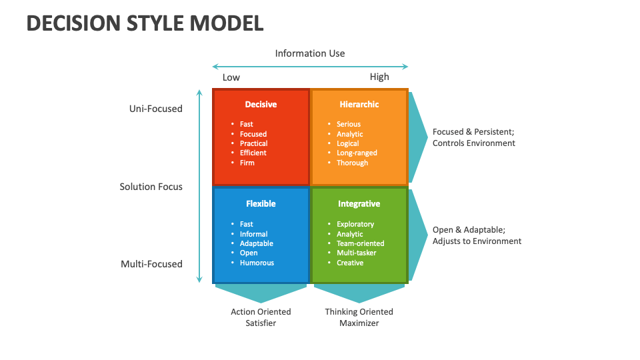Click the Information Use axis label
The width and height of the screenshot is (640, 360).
click(310, 53)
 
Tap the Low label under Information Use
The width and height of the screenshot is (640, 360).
click(231, 77)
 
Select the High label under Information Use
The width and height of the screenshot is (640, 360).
click(379, 77)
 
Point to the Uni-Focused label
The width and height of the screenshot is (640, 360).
click(155, 109)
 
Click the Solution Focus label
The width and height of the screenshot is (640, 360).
click(151, 187)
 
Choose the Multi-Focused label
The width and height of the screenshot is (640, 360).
click(151, 264)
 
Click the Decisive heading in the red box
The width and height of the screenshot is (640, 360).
click(261, 104)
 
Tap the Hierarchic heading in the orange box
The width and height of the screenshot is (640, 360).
click(359, 104)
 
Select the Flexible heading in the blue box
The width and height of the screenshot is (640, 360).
click(261, 203)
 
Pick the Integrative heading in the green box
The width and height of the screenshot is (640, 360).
click(359, 203)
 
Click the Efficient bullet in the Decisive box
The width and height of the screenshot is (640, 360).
click(253, 153)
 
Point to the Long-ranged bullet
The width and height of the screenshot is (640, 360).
click(357, 153)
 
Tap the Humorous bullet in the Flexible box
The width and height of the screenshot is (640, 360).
click(257, 263)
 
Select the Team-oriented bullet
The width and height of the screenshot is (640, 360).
click(360, 243)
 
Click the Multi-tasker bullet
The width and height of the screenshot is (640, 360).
click(356, 253)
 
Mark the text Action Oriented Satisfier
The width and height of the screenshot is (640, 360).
click(261, 317)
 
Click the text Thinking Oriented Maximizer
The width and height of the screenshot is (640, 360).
click(359, 317)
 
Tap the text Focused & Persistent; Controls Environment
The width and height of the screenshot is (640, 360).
click(473, 137)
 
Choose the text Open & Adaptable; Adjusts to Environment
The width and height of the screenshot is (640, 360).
click(477, 235)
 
